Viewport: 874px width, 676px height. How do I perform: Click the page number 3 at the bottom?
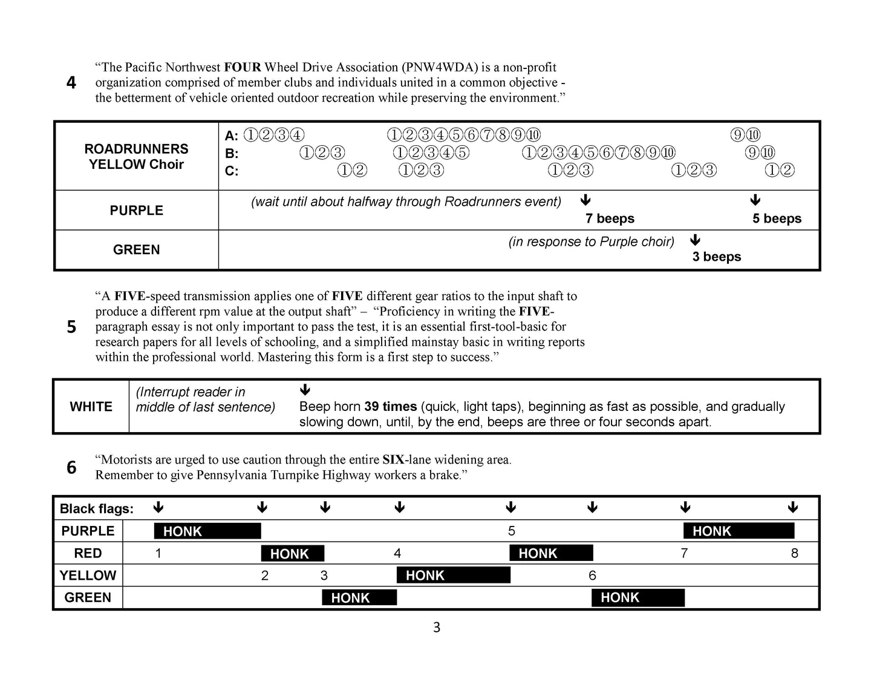437,628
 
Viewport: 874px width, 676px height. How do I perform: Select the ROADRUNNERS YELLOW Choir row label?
136,156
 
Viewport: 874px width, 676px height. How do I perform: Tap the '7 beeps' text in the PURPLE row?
610,218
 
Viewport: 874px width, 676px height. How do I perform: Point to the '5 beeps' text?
777,218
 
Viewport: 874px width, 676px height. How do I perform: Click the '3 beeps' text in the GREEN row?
717,257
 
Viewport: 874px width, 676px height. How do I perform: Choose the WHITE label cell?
91,407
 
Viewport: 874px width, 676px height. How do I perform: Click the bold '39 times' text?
391,407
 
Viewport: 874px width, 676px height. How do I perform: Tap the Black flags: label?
97,509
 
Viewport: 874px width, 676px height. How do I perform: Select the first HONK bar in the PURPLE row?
207,531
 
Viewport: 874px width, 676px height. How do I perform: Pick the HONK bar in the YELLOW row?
453,576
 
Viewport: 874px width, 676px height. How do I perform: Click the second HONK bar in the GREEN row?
638,598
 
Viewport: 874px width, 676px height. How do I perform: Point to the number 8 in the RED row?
794,553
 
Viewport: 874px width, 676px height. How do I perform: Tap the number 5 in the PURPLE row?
512,531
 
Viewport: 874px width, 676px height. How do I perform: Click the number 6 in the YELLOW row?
592,576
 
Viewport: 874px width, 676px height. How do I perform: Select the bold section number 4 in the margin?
71,83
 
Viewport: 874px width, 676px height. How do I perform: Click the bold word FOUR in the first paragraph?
242,67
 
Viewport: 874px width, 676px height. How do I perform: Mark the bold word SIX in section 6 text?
393,460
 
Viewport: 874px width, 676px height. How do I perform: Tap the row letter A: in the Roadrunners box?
232,136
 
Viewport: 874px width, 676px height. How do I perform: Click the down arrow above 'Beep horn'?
305,389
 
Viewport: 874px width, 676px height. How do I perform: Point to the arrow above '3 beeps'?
695,240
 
